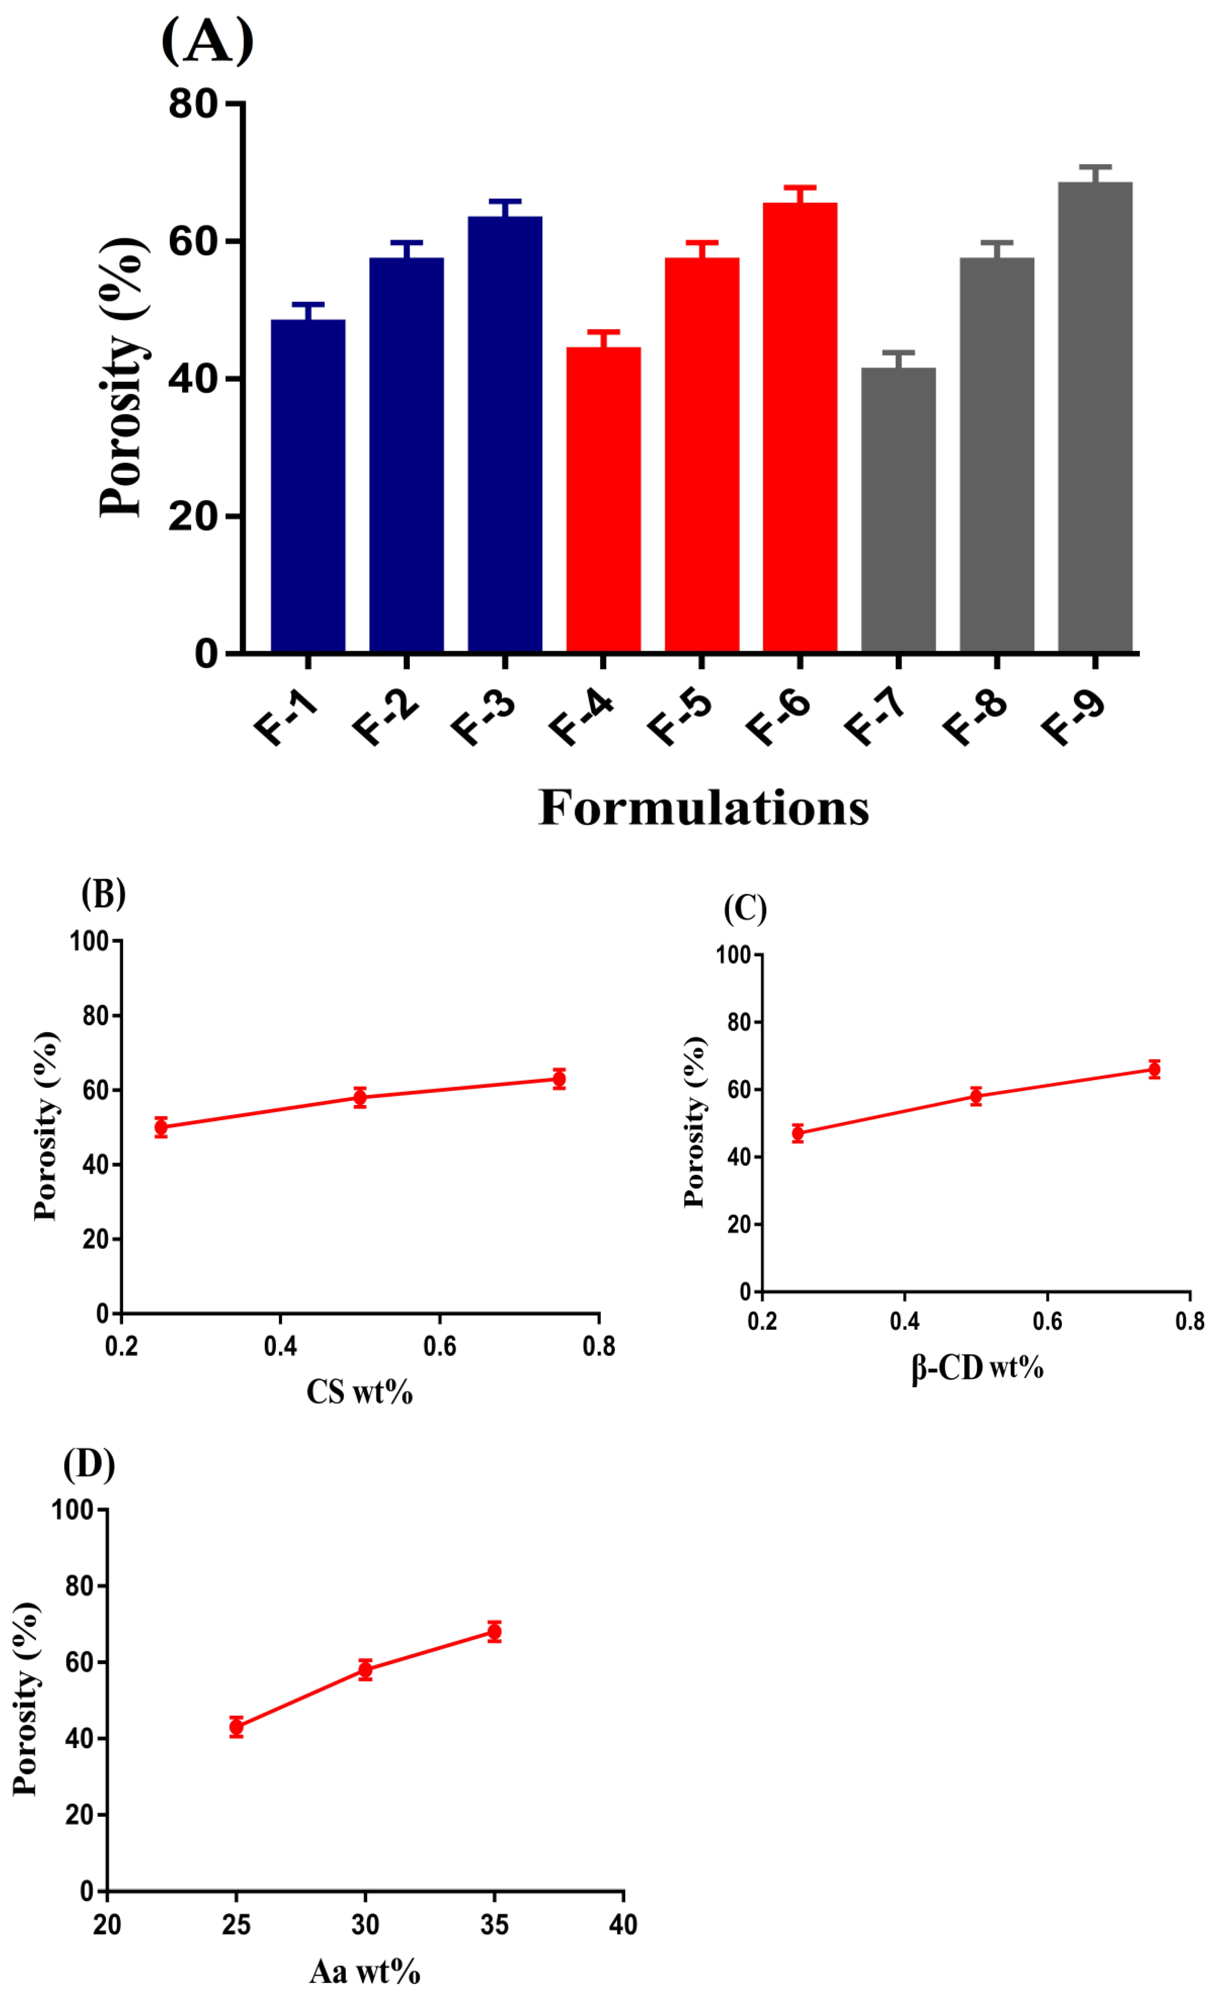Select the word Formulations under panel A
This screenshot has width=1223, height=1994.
coord(703,808)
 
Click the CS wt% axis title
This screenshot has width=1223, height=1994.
coord(359,1392)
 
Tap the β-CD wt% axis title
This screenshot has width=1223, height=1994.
coord(977,1368)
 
